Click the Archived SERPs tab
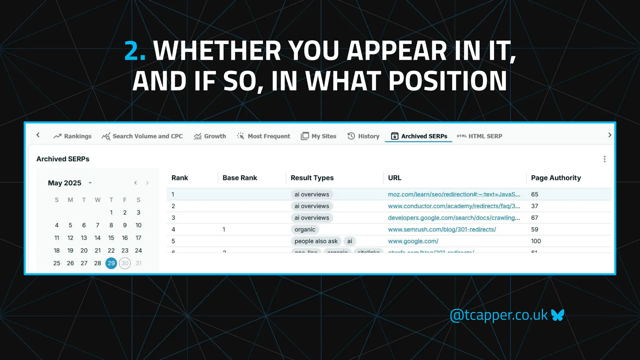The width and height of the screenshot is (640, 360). (419, 136)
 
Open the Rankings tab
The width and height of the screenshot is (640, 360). (72, 136)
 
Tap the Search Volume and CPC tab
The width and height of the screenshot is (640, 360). (142, 136)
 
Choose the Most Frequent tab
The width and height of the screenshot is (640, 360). (264, 136)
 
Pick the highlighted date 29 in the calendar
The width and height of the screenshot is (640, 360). (111, 263)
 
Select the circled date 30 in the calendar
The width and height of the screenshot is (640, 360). (125, 263)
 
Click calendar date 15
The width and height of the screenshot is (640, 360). (111, 238)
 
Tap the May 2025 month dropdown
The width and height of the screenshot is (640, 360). (90, 183)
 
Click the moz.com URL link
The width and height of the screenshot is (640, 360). (454, 194)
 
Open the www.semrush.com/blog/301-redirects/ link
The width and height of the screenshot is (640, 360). (442, 229)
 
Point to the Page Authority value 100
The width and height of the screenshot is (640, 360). (536, 241)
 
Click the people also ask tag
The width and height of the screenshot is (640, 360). (316, 241)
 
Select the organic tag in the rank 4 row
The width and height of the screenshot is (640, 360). (305, 229)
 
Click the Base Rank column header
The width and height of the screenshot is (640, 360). (240, 178)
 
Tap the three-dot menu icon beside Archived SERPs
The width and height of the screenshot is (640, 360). (604, 159)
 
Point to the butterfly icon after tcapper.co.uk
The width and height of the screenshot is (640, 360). (557, 315)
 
